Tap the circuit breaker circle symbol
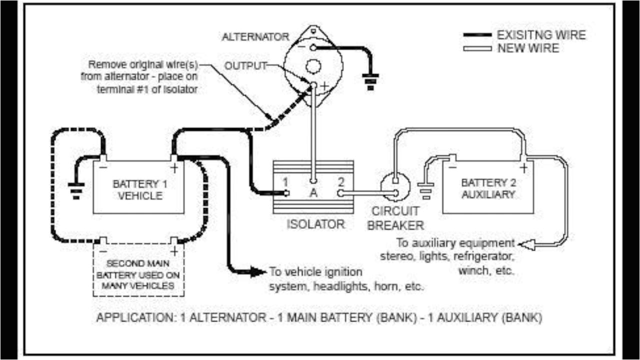pos(395,185)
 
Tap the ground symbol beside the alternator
pos(370,81)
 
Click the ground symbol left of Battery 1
pos(76,190)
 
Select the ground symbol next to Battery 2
pos(426,190)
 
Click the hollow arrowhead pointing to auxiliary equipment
pos(526,244)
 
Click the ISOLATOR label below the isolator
pos(315,223)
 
